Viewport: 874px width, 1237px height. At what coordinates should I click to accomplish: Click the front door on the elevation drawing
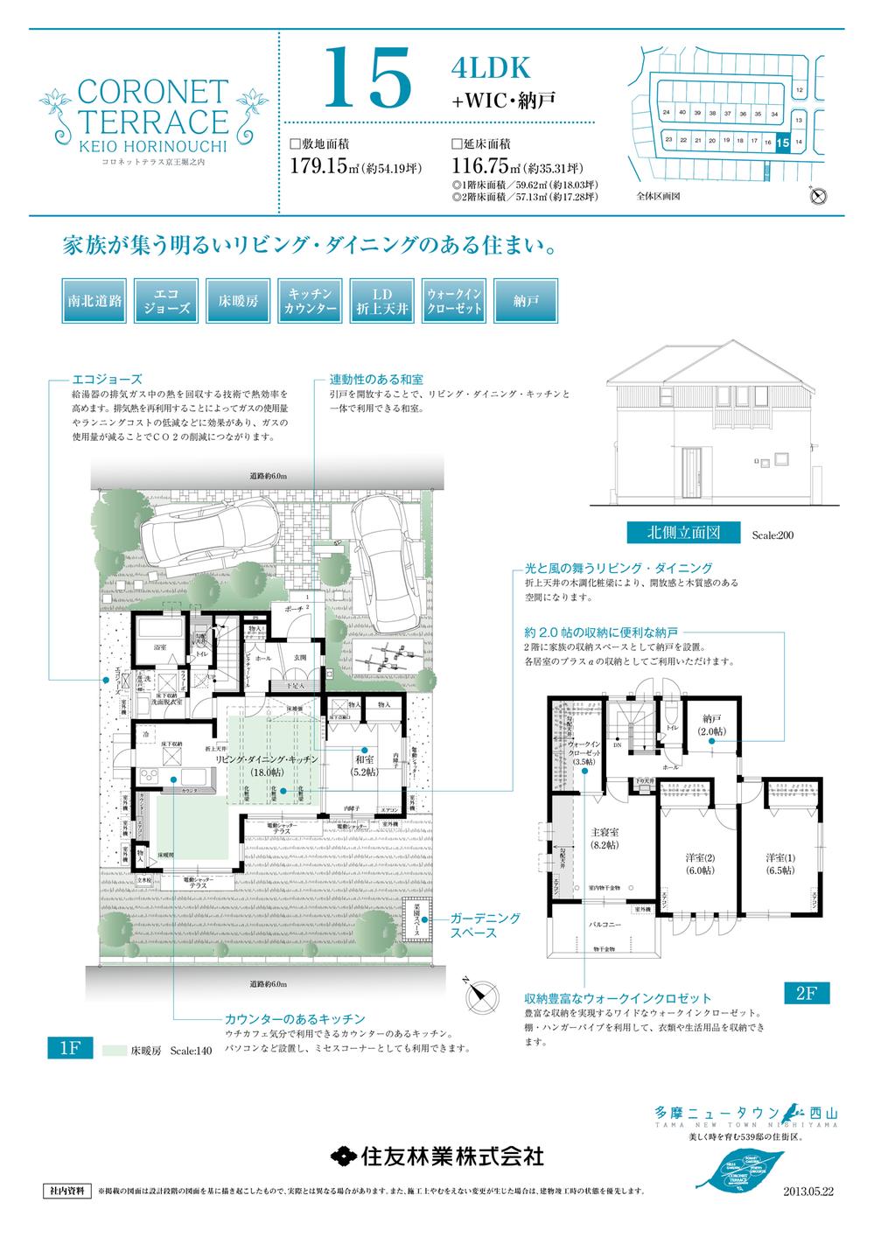(691, 473)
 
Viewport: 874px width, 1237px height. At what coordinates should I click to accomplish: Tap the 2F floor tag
(804, 994)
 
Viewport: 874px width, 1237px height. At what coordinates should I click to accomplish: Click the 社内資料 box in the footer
(66, 1192)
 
